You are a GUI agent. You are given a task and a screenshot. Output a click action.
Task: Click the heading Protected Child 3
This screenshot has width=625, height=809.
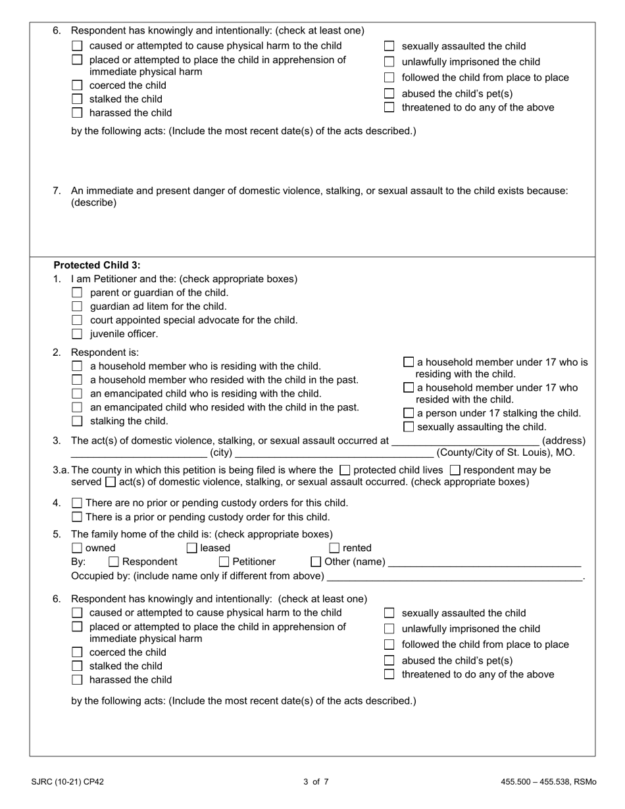(x=97, y=265)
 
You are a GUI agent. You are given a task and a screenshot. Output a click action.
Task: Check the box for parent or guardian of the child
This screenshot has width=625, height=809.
(x=77, y=293)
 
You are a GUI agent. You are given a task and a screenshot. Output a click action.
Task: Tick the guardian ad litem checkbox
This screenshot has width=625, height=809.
(x=77, y=306)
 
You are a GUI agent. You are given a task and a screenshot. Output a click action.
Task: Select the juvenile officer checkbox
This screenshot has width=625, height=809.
(x=77, y=334)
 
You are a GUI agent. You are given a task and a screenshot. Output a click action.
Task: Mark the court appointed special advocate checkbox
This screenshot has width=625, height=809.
(x=77, y=320)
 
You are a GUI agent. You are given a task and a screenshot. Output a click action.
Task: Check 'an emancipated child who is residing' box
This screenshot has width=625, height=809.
(x=77, y=394)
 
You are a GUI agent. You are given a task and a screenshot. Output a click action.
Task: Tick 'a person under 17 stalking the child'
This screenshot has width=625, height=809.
(x=409, y=413)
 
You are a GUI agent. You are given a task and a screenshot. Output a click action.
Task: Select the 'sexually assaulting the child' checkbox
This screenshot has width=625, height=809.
(x=409, y=427)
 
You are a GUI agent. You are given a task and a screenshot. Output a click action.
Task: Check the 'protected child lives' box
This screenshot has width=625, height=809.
(x=345, y=470)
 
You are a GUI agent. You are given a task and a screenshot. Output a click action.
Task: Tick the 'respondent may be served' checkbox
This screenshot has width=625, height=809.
(x=455, y=470)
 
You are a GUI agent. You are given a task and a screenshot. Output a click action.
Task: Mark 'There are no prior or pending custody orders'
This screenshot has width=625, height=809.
(x=77, y=503)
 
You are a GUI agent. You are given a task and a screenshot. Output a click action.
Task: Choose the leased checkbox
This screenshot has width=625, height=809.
(x=192, y=548)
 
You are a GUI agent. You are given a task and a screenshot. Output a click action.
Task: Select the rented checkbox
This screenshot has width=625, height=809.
(x=334, y=548)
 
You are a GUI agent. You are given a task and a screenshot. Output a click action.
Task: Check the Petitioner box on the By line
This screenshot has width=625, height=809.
(x=224, y=562)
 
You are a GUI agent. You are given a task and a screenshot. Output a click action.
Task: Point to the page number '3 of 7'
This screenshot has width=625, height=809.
(x=316, y=782)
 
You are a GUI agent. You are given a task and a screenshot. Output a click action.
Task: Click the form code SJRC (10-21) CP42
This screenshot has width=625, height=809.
(x=67, y=782)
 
